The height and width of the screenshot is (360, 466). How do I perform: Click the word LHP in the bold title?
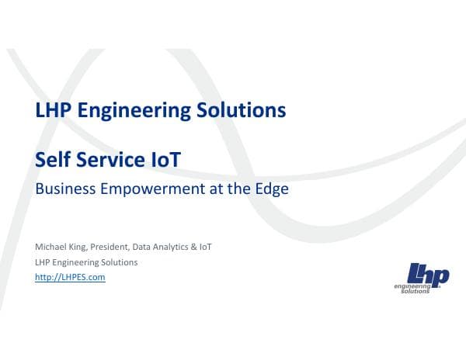pyautogui.click(x=53, y=111)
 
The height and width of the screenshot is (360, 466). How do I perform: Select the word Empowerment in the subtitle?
pyautogui.click(x=153, y=189)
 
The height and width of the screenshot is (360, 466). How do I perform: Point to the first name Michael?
pyautogui.click(x=50, y=247)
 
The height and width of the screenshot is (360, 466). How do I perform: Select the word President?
pyautogui.click(x=113, y=247)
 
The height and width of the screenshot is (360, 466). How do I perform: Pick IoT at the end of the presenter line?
pyautogui.click(x=206, y=247)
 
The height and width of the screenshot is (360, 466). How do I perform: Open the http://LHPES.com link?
pyautogui.click(x=70, y=277)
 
